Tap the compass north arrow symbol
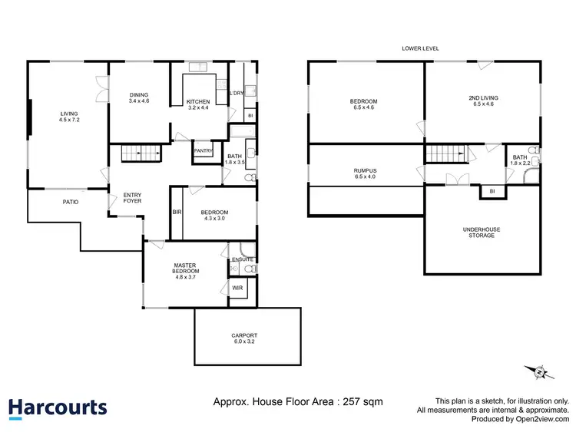click(540, 372)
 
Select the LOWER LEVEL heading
click(420, 48)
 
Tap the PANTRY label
click(203, 151)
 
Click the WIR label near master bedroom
click(237, 289)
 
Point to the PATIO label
click(71, 202)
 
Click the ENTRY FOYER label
click(133, 198)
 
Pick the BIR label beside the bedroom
click(177, 212)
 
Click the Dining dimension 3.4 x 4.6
click(139, 101)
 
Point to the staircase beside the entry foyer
click(139, 153)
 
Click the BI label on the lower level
click(492, 190)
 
